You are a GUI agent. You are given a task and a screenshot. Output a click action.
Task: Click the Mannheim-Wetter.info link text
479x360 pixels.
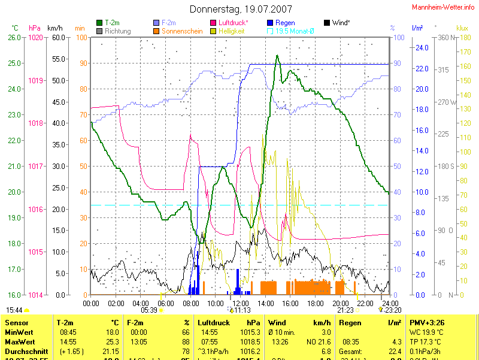[x=444, y=7]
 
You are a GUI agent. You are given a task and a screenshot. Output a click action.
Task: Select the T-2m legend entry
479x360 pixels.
[x=110, y=23]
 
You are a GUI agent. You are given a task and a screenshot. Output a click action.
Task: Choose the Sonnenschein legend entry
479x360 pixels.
[x=178, y=31]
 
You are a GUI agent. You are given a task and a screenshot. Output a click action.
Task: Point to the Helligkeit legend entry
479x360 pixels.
[x=232, y=31]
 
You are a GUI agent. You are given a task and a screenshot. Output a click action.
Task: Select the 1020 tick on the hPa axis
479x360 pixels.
[x=36, y=38]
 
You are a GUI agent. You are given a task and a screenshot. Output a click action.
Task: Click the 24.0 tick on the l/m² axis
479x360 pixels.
[x=421, y=48]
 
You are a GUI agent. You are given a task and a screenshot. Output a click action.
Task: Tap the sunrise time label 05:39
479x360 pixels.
[x=148, y=310]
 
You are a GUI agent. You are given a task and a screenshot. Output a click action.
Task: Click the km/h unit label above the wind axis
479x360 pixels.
[x=54, y=28]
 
